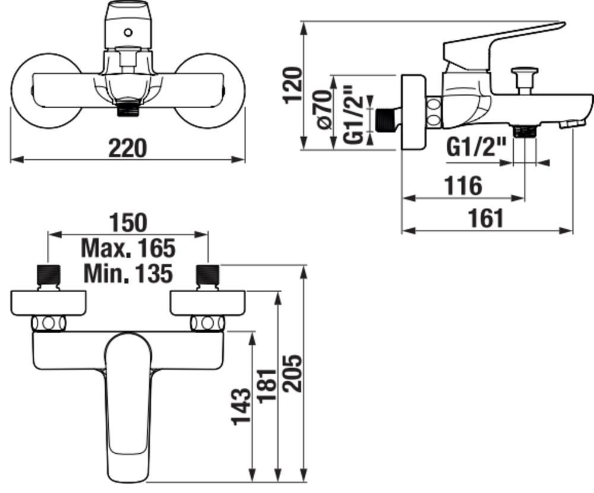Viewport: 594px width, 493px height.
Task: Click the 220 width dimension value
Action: click(x=127, y=148)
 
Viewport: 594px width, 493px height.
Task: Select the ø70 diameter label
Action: click(x=324, y=110)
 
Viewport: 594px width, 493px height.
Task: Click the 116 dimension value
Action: click(x=463, y=186)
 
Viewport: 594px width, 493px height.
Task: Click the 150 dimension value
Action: click(x=128, y=223)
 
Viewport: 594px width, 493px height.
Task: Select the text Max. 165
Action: click(x=128, y=248)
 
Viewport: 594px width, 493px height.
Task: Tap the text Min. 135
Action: click(x=128, y=273)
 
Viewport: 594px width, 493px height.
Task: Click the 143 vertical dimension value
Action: click(x=241, y=406)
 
